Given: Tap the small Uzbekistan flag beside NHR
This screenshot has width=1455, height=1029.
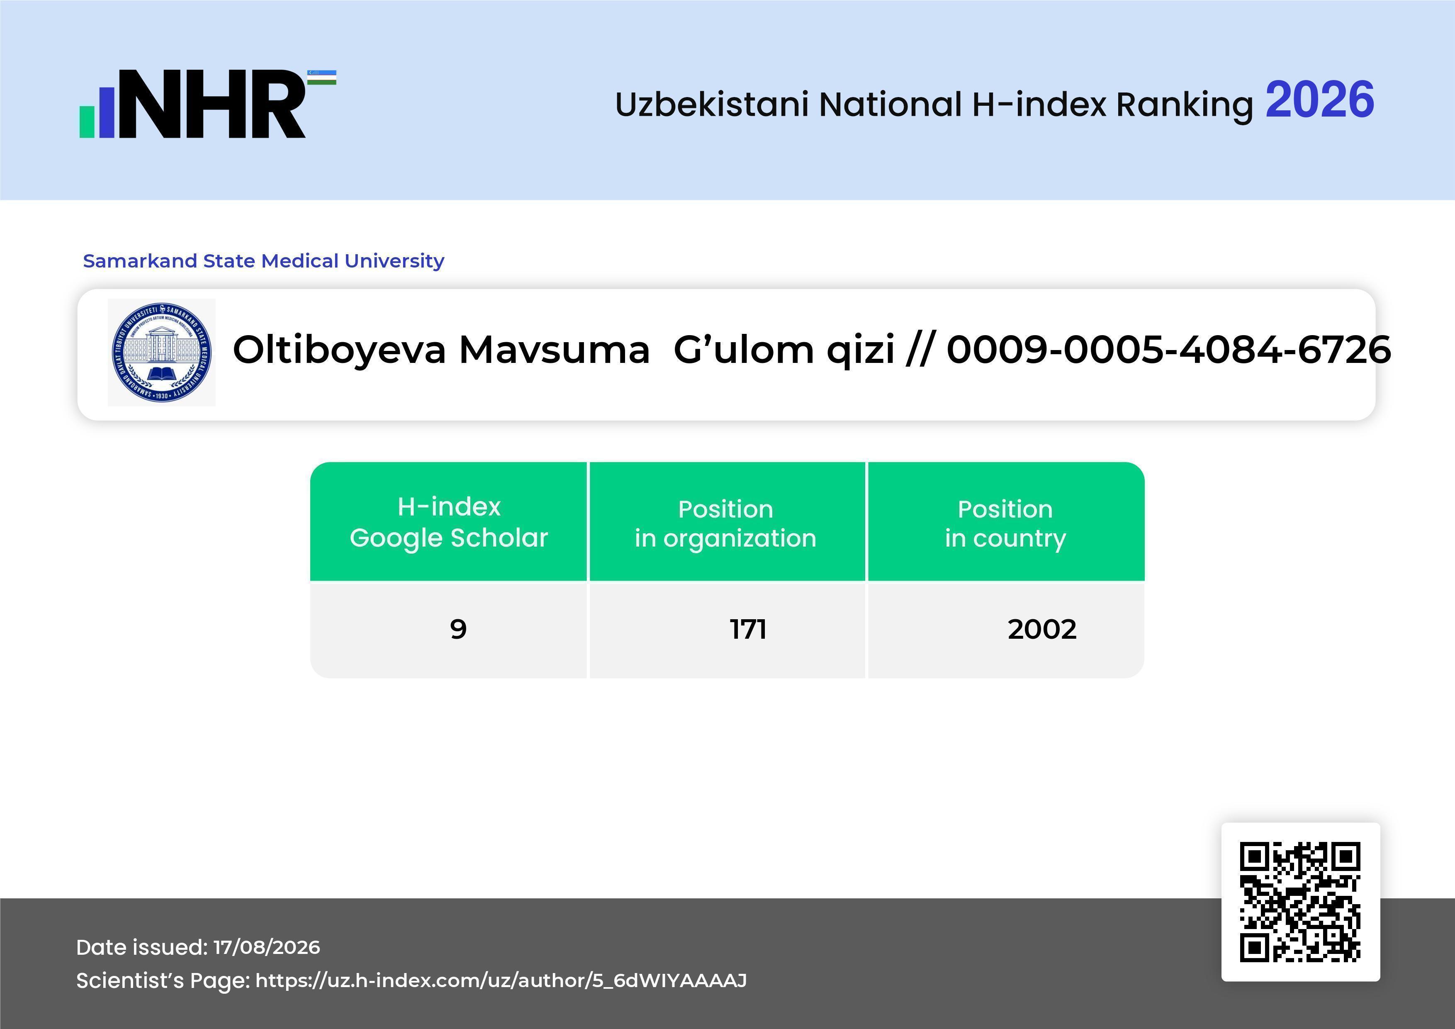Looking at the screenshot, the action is click(x=322, y=77).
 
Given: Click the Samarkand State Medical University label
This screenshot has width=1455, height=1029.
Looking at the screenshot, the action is click(x=264, y=260).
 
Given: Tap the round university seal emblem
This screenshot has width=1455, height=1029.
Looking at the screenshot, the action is click(x=162, y=352).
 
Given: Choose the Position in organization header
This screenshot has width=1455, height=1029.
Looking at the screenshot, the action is click(x=725, y=523).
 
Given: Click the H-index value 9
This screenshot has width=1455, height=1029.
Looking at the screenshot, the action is click(x=458, y=629).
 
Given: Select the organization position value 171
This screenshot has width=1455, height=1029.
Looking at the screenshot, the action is click(x=748, y=629).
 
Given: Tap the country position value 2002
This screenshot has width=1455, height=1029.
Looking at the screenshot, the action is click(x=1042, y=629).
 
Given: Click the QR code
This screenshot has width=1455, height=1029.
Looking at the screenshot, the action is click(x=1300, y=902).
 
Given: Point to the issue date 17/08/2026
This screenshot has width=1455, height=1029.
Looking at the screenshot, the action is click(x=267, y=947).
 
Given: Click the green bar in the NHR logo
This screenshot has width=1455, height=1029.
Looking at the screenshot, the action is click(x=86, y=121).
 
